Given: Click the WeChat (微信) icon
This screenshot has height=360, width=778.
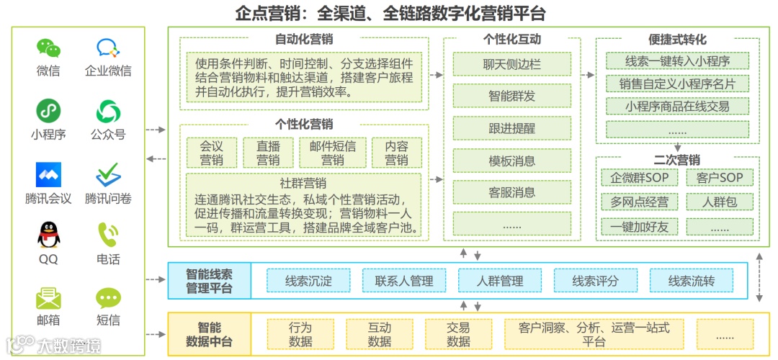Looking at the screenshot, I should point(48,48).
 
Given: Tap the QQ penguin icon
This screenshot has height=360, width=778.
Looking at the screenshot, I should point(48,234).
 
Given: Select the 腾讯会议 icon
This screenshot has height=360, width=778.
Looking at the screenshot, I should point(48,174).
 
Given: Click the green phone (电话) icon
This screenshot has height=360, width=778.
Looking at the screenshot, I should point(108,234).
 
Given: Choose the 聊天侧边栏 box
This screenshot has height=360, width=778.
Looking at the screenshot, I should point(511,64).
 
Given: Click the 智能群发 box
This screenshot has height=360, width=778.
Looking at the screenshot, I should point(511,96).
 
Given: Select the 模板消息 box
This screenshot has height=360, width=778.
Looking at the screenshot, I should point(511,161).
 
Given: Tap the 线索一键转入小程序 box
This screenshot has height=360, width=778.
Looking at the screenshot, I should point(677,60).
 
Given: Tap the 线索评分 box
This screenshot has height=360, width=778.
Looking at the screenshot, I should point(595,281).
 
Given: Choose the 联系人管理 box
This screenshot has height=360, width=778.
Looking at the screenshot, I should point(403,281).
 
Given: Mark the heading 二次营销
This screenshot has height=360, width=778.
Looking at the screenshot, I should point(676,160).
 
